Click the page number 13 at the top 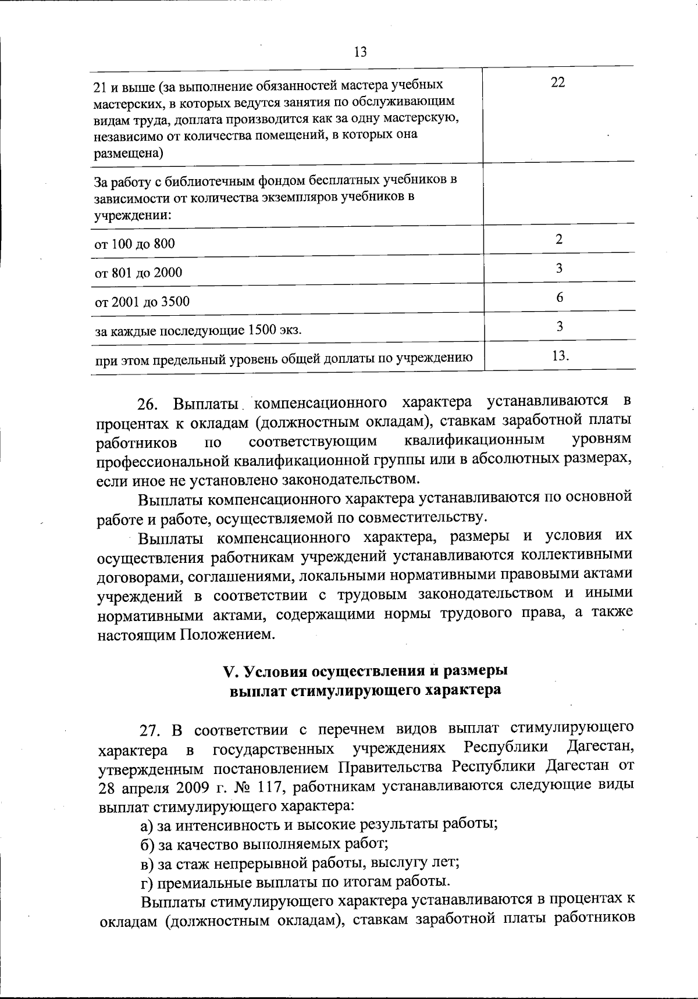click(x=360, y=52)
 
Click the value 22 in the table click(x=558, y=83)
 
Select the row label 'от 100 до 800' click(x=134, y=244)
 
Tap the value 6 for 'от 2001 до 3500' click(x=560, y=298)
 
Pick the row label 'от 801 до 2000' click(x=138, y=273)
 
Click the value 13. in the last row click(x=560, y=356)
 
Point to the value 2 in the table click(x=559, y=239)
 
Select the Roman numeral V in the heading click(x=228, y=671)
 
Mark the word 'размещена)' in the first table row click(x=129, y=154)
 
